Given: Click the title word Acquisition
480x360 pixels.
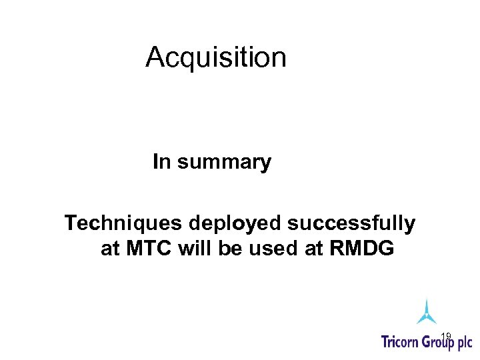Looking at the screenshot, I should pyautogui.click(x=216, y=58).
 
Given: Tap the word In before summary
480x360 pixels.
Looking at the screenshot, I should pyautogui.click(x=161, y=161).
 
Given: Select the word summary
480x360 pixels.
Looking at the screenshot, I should pyautogui.click(x=223, y=163).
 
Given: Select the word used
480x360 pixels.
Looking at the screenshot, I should pyautogui.click(x=269, y=249).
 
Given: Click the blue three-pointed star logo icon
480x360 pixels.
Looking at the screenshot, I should pyautogui.click(x=427, y=312).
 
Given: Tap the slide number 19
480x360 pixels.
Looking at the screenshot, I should pyautogui.click(x=447, y=335).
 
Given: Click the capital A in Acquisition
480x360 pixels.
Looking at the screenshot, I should pyautogui.click(x=155, y=58).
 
